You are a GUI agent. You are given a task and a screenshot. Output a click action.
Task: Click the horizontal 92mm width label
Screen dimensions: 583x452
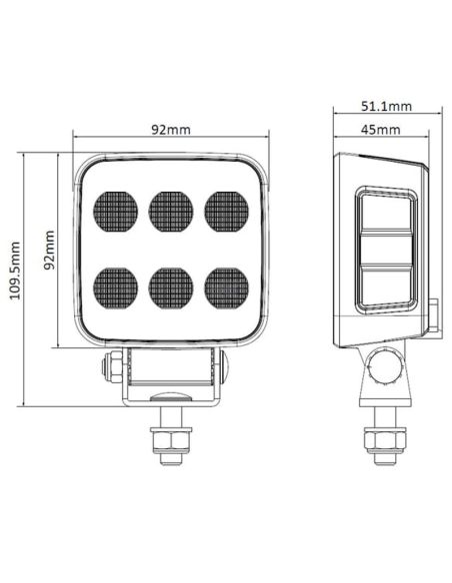point(171,129)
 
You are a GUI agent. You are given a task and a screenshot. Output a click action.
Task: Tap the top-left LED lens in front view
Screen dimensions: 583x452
point(115,212)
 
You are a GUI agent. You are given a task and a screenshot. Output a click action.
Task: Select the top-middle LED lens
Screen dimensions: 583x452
point(171,212)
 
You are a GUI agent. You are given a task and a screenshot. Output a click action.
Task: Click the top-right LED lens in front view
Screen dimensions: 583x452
point(227,212)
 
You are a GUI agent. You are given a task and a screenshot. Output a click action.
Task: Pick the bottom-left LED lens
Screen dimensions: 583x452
point(115,289)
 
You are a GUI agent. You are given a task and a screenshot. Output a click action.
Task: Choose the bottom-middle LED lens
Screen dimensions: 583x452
point(171,289)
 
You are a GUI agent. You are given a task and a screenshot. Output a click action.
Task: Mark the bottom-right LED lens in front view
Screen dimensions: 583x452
point(227,289)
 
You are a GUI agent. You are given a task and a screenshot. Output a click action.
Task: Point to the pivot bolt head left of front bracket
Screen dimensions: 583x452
point(111,368)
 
